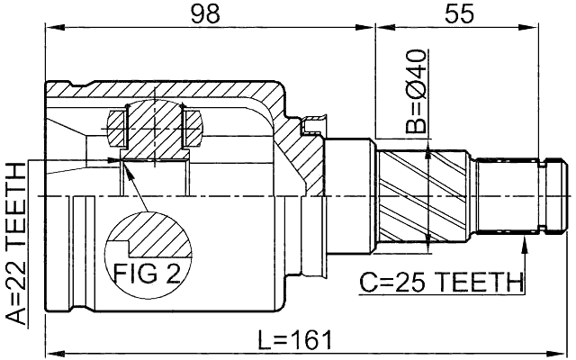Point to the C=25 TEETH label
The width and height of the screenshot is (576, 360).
tap(441, 283)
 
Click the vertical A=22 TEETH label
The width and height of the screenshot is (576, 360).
tap(15, 243)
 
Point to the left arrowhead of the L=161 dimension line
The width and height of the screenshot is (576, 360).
tap(51, 352)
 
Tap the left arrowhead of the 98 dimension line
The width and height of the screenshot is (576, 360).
tap(49, 28)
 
